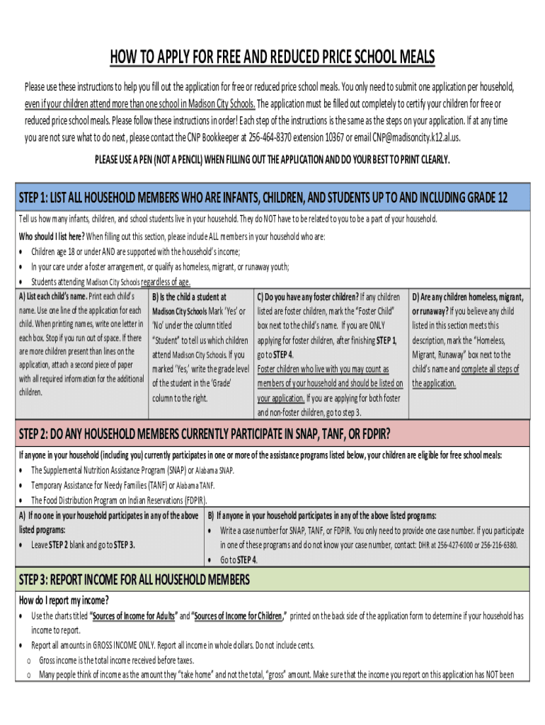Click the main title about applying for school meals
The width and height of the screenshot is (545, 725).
(x=272, y=57)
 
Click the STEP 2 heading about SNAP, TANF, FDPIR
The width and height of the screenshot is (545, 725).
(x=205, y=433)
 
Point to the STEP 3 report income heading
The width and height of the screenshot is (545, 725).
(x=134, y=581)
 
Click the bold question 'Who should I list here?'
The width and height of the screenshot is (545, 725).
(x=52, y=236)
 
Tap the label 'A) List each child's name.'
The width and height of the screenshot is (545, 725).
(x=53, y=296)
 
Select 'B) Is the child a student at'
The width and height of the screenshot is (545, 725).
(x=189, y=297)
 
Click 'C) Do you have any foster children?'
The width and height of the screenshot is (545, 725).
(x=307, y=297)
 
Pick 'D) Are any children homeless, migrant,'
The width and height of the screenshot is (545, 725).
(x=468, y=297)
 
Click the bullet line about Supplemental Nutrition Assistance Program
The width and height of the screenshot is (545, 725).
(x=132, y=471)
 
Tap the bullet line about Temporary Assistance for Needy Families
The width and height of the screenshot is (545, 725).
(x=122, y=486)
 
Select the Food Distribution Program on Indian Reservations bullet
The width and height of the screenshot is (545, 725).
(x=119, y=501)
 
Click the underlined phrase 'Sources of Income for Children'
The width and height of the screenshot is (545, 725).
(x=238, y=616)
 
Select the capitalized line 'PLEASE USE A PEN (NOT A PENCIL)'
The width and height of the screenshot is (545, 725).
(x=272, y=160)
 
